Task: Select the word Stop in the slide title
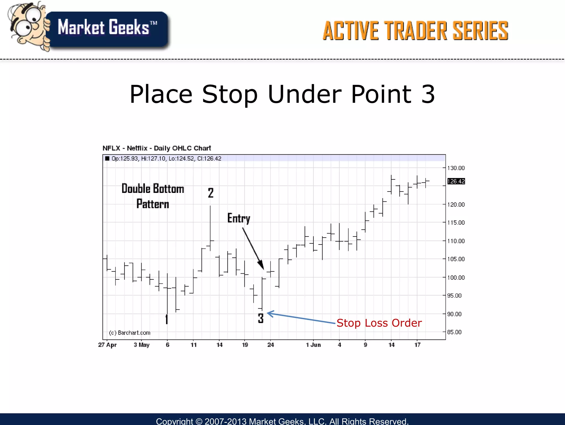[x=230, y=95]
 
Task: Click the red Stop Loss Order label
[x=379, y=323]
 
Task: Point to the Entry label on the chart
[x=239, y=218]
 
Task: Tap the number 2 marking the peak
[x=211, y=193]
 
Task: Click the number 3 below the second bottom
[x=261, y=318]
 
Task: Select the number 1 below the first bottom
[x=167, y=319]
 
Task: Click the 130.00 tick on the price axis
[x=456, y=168]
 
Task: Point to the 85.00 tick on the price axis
[x=454, y=332]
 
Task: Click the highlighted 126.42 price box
[x=456, y=181]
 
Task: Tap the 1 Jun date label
[x=313, y=345]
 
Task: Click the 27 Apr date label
[x=107, y=345]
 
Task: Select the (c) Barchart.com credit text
[x=130, y=333]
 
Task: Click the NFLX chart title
[x=157, y=148]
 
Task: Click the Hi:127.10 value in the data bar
[x=153, y=158]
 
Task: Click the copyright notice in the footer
[x=282, y=421]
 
